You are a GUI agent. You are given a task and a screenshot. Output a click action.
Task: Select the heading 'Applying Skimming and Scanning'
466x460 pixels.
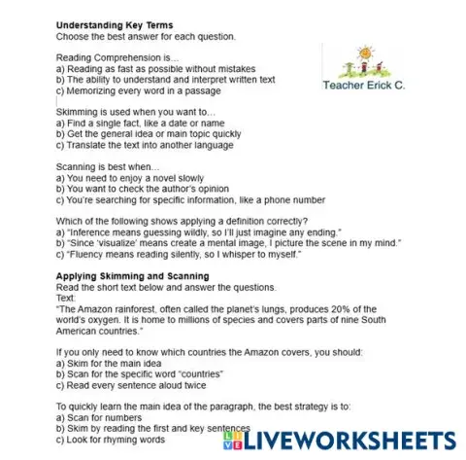122,276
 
